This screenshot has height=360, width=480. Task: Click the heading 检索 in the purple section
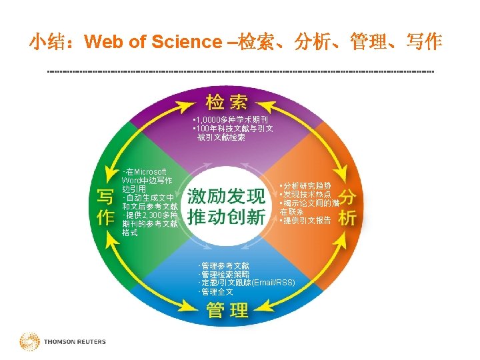click(x=227, y=102)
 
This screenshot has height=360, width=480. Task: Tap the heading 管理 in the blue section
click(x=227, y=310)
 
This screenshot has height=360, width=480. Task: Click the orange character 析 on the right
click(x=347, y=218)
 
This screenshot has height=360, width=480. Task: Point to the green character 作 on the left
click(x=105, y=218)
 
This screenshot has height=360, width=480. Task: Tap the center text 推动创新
click(x=226, y=217)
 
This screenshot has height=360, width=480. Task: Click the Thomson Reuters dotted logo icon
click(x=29, y=341)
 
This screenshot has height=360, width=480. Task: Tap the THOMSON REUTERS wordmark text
click(x=75, y=342)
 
